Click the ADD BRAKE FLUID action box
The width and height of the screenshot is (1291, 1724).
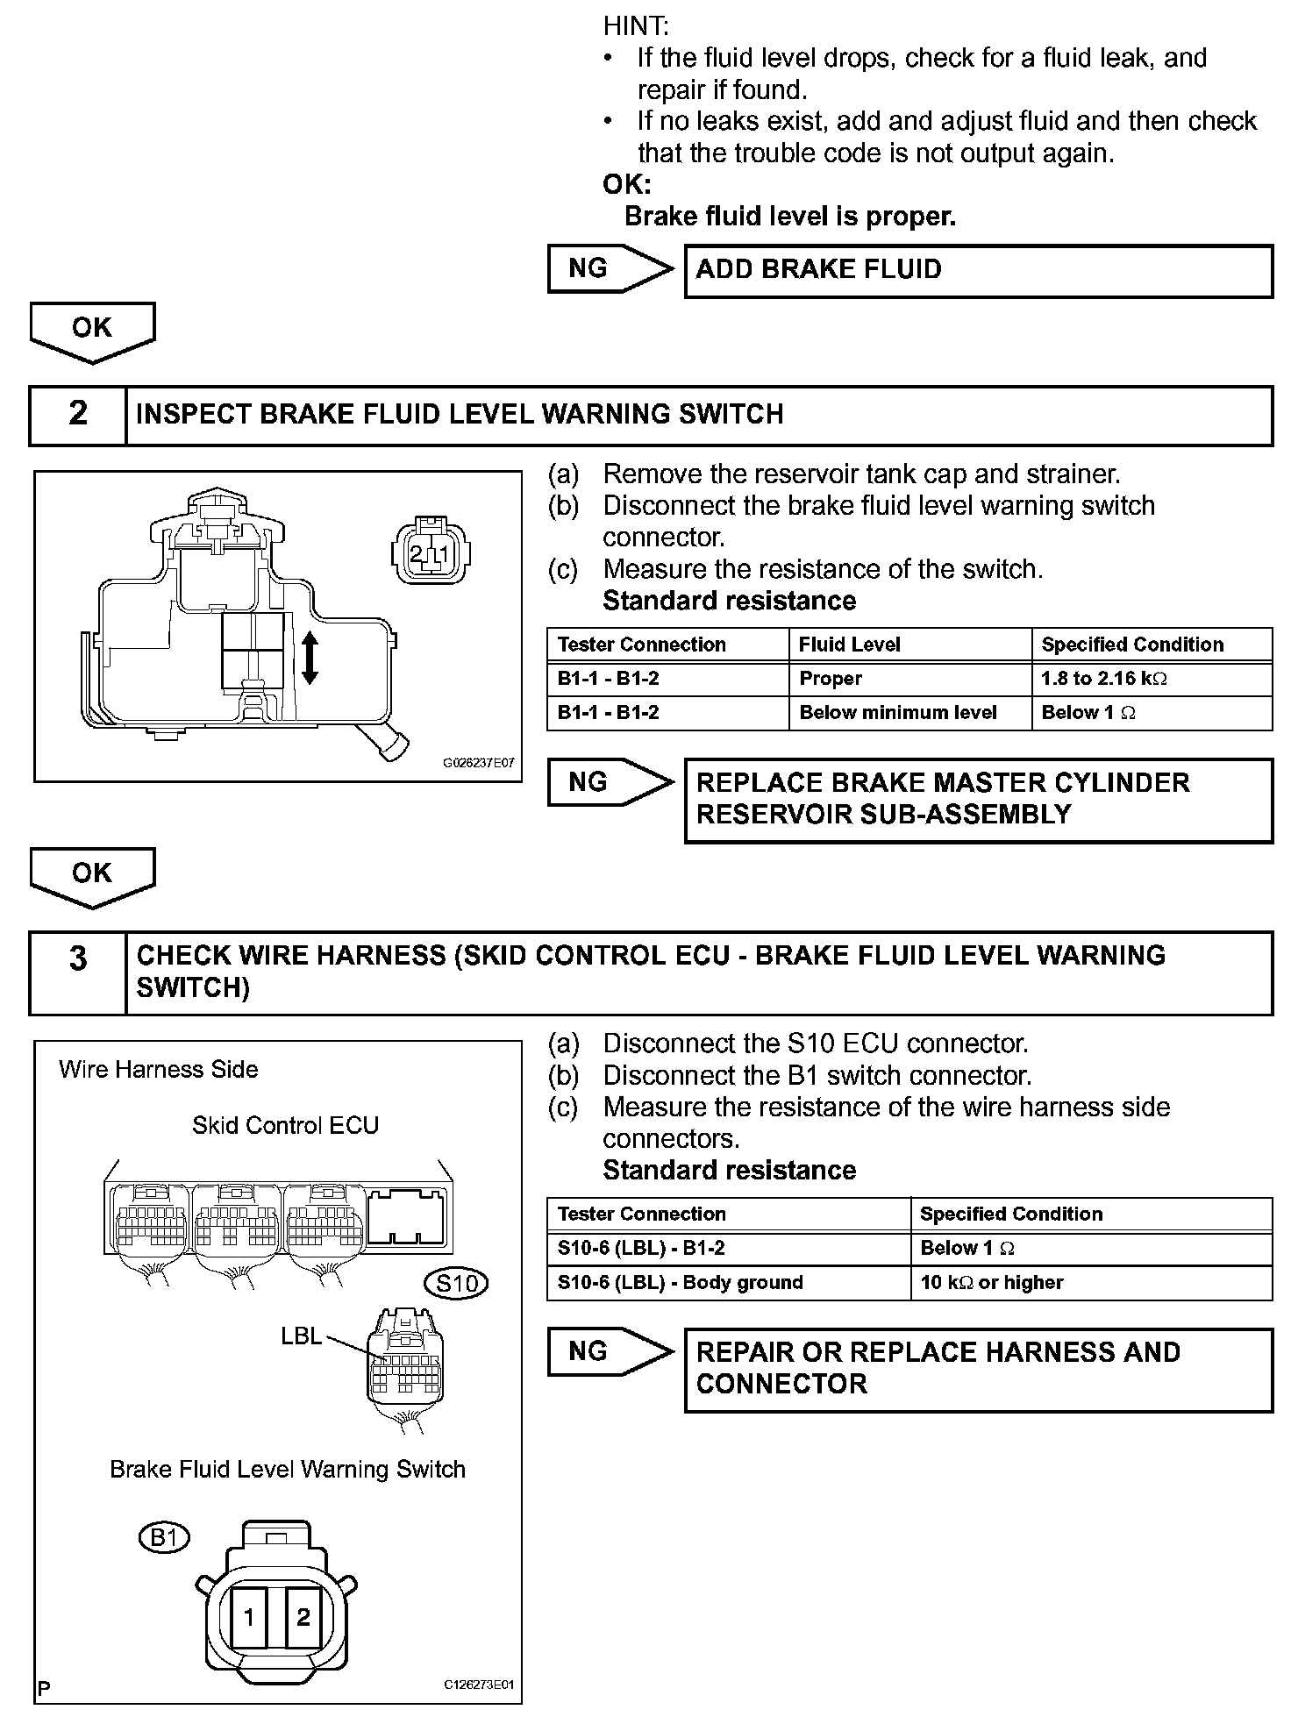click(978, 270)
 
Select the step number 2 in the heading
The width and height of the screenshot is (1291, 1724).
click(78, 414)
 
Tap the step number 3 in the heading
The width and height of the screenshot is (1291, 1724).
click(78, 958)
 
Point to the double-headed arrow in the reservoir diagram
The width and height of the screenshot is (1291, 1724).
click(310, 659)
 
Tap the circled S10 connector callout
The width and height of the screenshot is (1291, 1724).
click(456, 1284)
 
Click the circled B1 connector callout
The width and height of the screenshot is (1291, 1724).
click(164, 1537)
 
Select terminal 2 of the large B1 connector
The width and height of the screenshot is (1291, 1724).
click(303, 1617)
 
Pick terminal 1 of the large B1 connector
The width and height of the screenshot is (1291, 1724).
click(249, 1617)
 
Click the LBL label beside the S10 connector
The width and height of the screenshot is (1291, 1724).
click(301, 1336)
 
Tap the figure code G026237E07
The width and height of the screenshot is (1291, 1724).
click(478, 763)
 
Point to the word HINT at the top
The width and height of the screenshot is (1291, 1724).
click(636, 26)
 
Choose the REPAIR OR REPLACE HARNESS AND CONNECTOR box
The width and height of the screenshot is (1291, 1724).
click(978, 1369)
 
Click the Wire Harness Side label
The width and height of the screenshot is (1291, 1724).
click(159, 1069)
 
